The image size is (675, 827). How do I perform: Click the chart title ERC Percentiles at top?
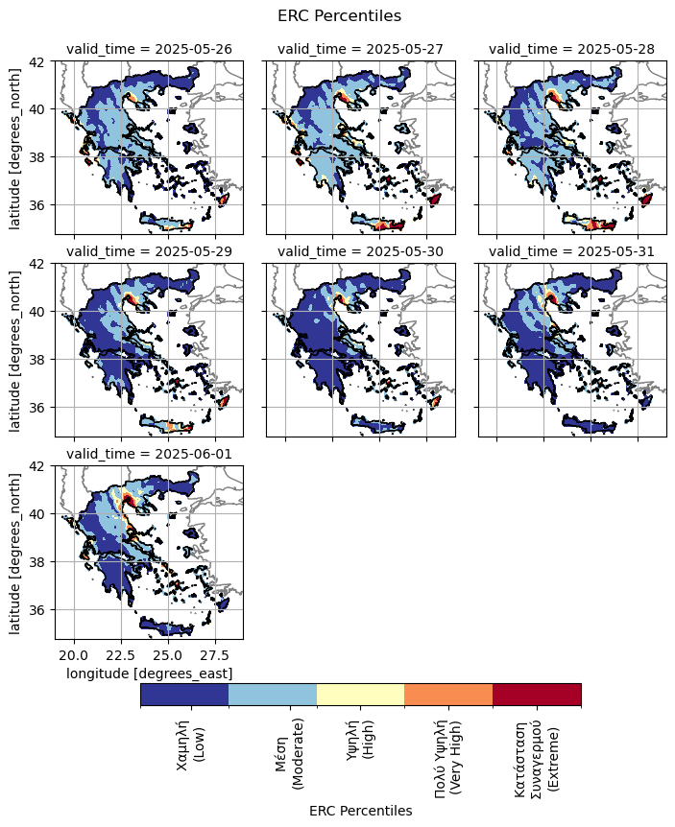339,15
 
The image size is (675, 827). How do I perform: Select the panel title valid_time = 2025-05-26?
149,50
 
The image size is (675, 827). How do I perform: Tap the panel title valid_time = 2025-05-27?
360,50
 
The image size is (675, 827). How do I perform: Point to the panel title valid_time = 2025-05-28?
571,50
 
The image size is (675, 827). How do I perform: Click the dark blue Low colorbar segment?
184,695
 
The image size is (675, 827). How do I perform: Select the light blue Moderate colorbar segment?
273,695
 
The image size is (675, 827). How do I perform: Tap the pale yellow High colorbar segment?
360,695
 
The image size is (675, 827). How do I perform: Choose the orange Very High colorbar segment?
448,695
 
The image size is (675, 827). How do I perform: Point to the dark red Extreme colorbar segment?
537,695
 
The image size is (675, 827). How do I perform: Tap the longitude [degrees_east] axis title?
149,674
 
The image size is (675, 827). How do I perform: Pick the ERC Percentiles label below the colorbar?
360,811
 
